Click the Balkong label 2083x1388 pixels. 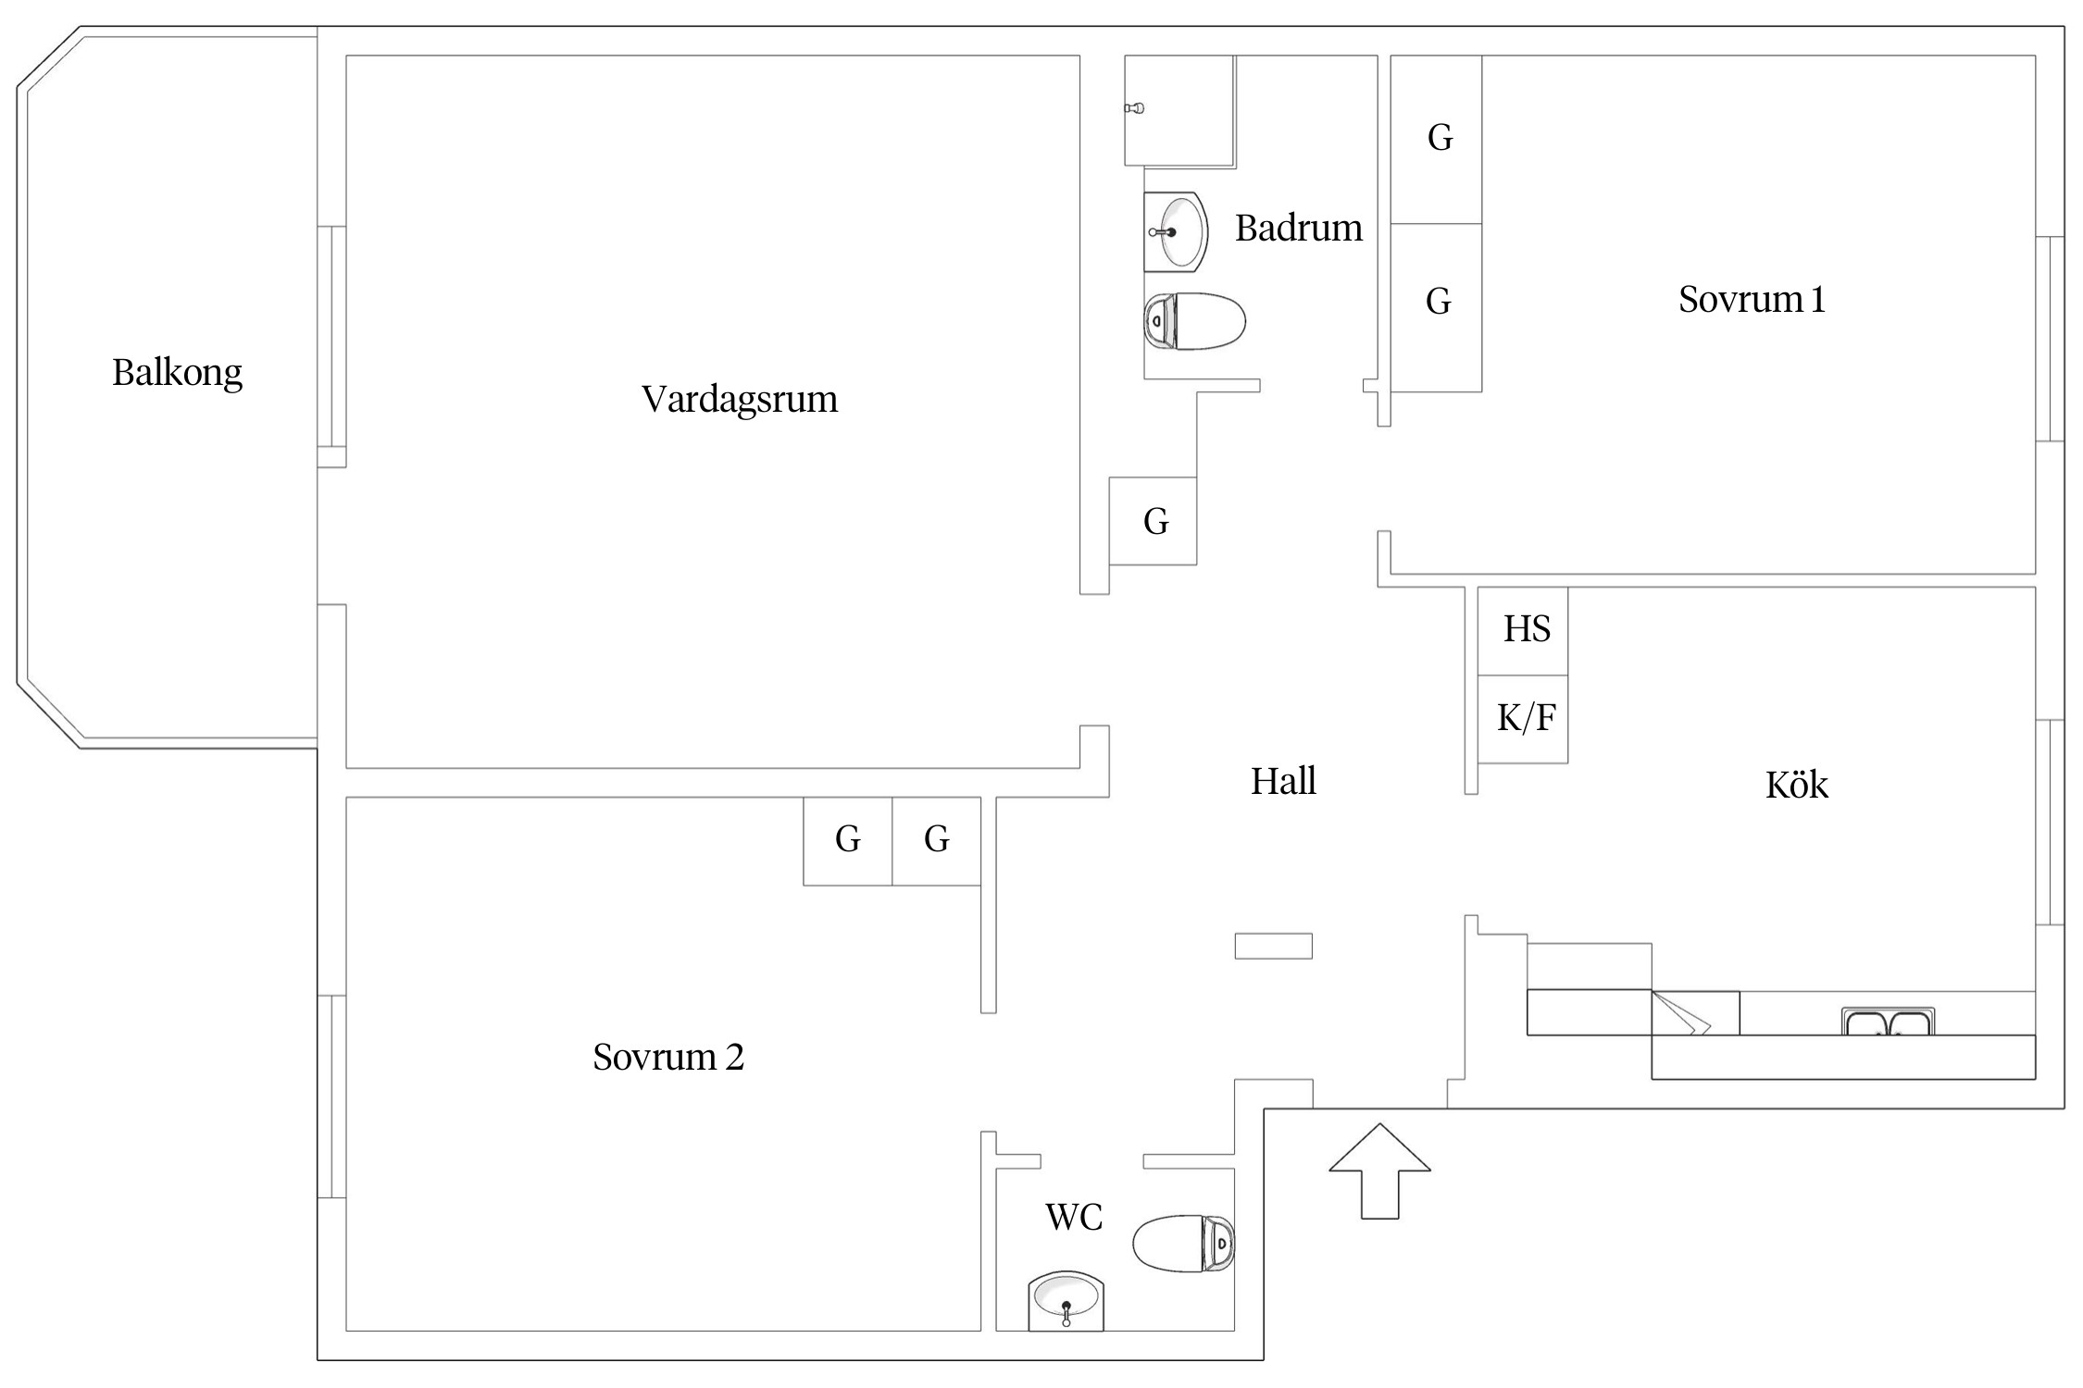pos(177,373)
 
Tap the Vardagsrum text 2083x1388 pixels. pos(740,400)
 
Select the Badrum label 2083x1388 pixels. pos(1299,228)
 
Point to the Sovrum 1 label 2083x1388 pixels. pos(1752,299)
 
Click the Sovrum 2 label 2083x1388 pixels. pos(668,1057)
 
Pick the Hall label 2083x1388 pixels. pos(1283,781)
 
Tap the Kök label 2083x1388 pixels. pos(1797,785)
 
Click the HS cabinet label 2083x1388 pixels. pos(1527,629)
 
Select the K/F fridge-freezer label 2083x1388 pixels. pos(1527,717)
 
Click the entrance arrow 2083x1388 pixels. pos(1379,1171)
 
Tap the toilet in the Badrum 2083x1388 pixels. pos(1194,321)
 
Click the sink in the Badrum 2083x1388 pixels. pos(1177,232)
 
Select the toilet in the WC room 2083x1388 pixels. pos(1184,1243)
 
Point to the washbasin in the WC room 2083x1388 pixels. pos(1066,1302)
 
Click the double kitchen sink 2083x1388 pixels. pos(1888,1021)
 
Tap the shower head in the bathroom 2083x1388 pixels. pos(1134,108)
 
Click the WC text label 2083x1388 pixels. pos(1074,1218)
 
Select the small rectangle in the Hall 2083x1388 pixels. pos(1273,946)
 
